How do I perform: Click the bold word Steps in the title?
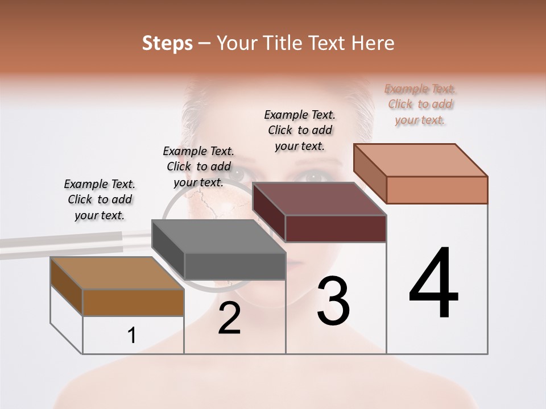click(167, 43)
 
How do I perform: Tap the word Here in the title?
click(373, 43)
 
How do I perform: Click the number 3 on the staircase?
click(333, 301)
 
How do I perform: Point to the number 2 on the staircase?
click(229, 319)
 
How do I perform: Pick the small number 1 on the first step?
click(132, 336)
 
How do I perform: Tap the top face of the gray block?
click(218, 236)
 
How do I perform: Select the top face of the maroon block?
click(319, 199)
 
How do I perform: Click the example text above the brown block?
click(100, 199)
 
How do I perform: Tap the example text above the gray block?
click(198, 166)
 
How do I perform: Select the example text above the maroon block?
click(300, 130)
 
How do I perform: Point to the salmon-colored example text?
click(420, 104)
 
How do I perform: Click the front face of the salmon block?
click(437, 190)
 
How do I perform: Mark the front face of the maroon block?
click(336, 228)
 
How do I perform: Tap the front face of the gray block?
click(235, 266)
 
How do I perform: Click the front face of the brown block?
click(134, 302)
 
